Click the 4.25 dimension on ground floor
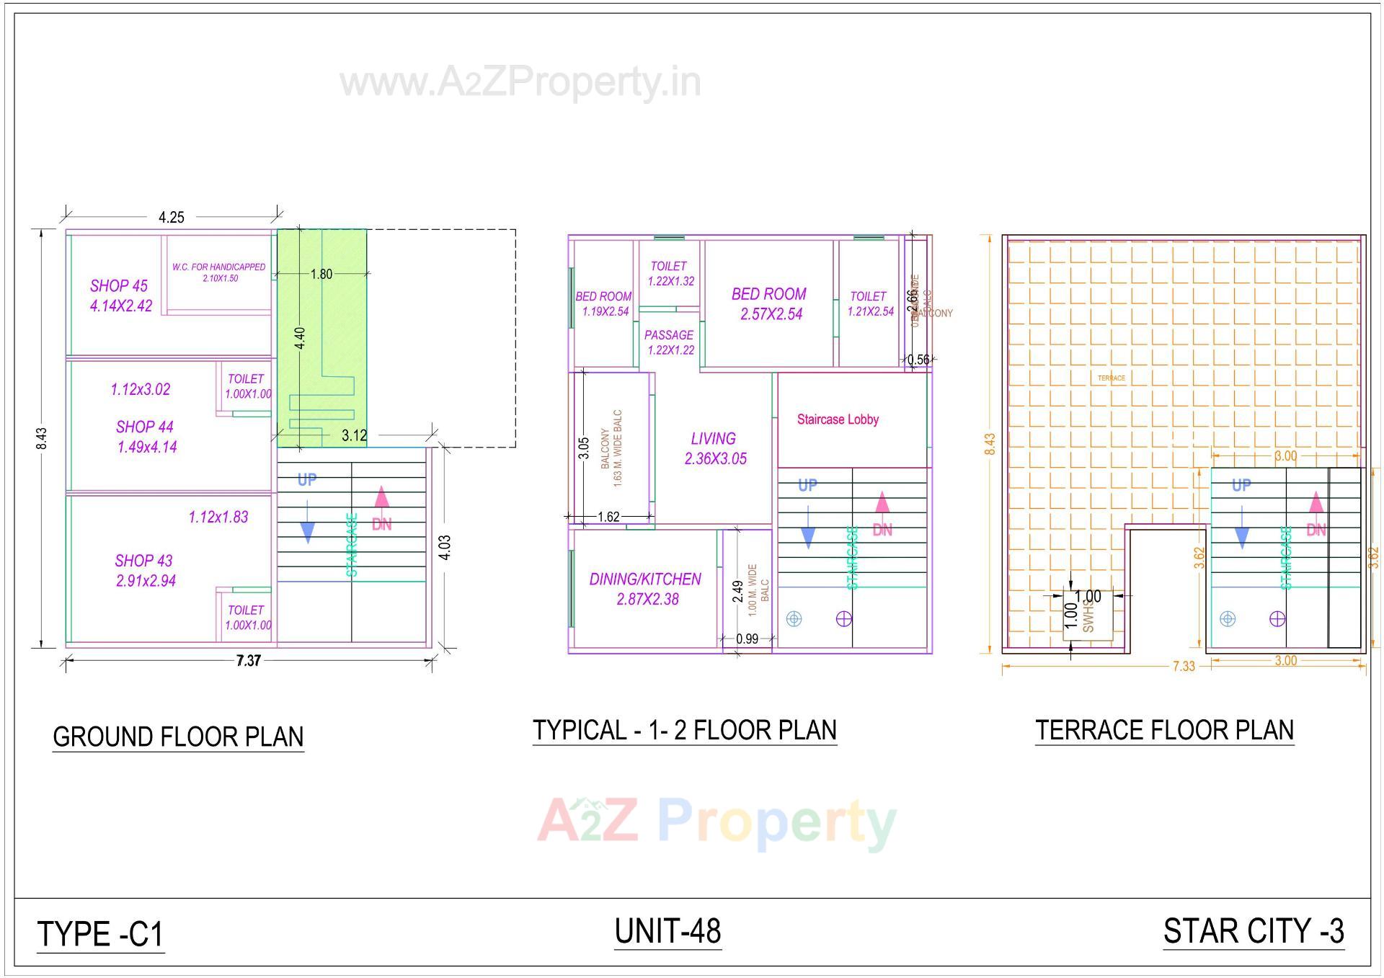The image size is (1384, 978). tap(172, 217)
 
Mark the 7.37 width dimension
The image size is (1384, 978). tap(249, 660)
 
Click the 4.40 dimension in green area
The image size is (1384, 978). tap(300, 337)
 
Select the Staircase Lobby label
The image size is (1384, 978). tap(838, 419)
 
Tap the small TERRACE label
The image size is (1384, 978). tap(1111, 378)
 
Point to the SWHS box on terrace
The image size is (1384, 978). tap(1088, 616)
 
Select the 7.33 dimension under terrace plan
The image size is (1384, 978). tap(1184, 666)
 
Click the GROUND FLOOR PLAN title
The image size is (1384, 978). tap(178, 737)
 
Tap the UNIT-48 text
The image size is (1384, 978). tap(667, 930)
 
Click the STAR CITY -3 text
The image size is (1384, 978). tap(1254, 930)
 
